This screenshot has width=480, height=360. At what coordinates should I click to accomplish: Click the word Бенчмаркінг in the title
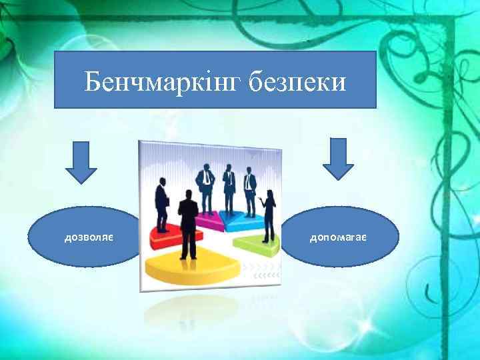pyautogui.click(x=163, y=83)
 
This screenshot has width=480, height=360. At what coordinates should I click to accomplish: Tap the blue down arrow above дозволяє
pyautogui.click(x=81, y=161)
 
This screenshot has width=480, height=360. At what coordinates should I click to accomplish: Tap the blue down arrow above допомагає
pyautogui.click(x=339, y=159)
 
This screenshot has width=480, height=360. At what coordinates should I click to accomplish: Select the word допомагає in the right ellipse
pyautogui.click(x=340, y=237)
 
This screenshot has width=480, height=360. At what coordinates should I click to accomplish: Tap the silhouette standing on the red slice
pyautogui.click(x=162, y=200)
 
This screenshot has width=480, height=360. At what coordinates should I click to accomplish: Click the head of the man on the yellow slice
pyautogui.click(x=188, y=195)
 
